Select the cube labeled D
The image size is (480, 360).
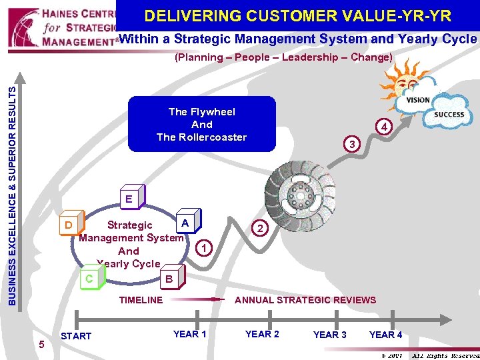(x=69, y=225)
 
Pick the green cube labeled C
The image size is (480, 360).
(x=90, y=278)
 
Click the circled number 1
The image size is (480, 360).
(x=206, y=249)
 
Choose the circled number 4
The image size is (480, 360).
(x=383, y=127)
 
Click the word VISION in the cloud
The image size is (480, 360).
(x=418, y=100)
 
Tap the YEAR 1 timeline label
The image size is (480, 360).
(x=189, y=334)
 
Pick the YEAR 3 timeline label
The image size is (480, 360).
(x=330, y=335)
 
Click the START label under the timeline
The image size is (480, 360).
(x=76, y=336)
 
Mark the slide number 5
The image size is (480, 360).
(x=41, y=344)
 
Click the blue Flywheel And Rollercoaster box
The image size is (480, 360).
(x=201, y=125)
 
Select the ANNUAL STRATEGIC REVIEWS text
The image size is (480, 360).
(x=305, y=300)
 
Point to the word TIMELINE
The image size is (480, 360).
(x=141, y=300)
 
